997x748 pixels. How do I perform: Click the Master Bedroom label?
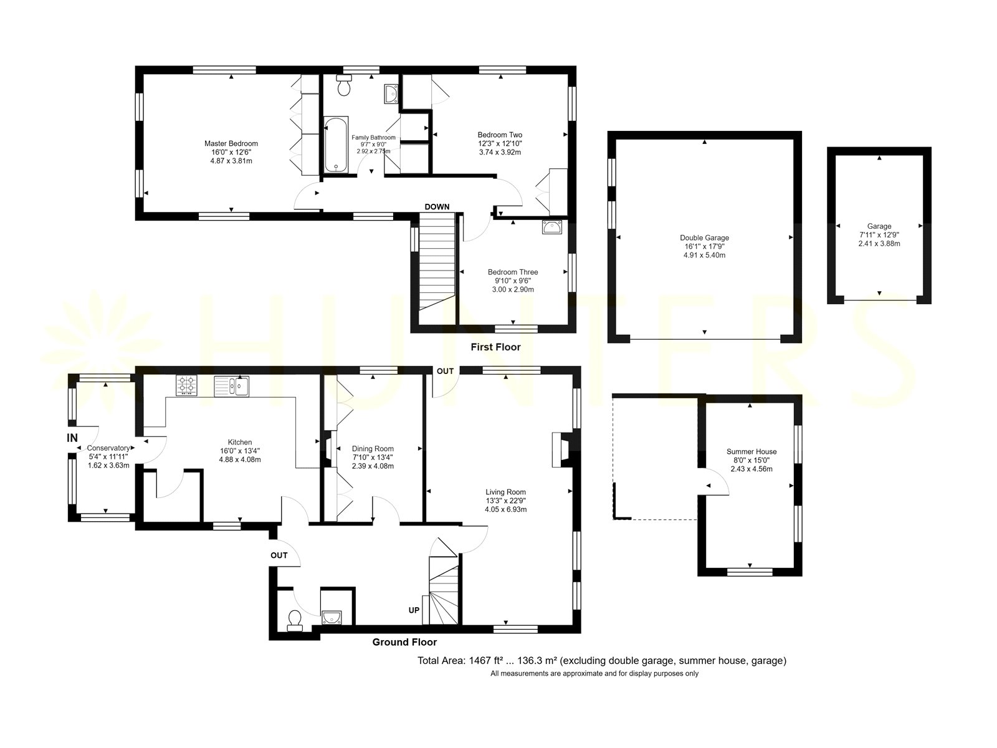click(231, 143)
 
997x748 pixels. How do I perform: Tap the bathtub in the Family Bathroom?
click(336, 145)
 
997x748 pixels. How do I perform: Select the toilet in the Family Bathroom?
click(344, 85)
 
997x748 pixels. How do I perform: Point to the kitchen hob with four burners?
click(187, 385)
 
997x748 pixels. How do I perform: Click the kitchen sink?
click(231, 386)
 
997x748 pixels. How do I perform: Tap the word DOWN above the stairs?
click(437, 207)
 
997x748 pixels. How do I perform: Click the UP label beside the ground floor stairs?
click(414, 610)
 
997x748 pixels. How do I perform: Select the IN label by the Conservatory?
click(72, 438)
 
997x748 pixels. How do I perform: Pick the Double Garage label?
click(705, 237)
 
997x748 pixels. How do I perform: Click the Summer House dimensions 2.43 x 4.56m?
click(751, 469)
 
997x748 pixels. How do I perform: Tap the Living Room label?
click(505, 492)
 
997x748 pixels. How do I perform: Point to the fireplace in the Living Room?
click(561, 450)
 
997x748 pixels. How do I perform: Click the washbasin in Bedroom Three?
click(552, 228)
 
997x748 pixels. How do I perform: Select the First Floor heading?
click(495, 347)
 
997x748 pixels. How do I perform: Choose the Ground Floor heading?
click(404, 642)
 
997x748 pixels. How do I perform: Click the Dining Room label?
click(373, 449)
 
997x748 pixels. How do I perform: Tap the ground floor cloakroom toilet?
click(295, 620)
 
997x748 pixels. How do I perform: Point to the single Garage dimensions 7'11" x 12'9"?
click(879, 235)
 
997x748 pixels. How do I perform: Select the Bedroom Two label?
click(500, 135)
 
